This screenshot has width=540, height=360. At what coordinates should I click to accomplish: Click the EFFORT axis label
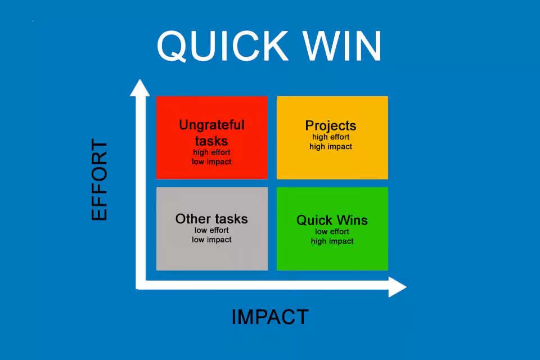click(99, 179)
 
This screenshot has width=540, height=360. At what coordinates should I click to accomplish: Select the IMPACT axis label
click(271, 317)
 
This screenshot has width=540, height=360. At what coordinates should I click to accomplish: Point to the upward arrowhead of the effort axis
click(140, 88)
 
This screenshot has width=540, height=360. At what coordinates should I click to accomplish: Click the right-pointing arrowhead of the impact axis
click(398, 287)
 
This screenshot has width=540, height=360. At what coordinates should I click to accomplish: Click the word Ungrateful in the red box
click(212, 125)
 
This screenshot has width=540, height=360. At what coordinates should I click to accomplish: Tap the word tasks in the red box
click(211, 141)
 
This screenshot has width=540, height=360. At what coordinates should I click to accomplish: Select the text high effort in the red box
click(211, 152)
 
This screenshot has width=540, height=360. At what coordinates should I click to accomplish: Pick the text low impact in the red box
click(211, 162)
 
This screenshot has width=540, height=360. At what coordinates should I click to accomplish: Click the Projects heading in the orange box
click(331, 126)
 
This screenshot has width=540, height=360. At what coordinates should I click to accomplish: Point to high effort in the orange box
click(331, 137)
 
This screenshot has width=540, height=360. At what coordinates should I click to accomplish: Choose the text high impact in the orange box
click(331, 147)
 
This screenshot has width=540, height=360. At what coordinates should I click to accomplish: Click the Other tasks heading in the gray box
click(211, 219)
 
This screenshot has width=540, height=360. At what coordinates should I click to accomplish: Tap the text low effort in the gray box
click(211, 230)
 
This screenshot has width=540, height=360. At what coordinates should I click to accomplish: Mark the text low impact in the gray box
click(211, 240)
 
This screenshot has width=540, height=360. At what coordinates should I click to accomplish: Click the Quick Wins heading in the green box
click(332, 220)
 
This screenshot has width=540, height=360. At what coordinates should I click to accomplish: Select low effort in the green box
click(332, 232)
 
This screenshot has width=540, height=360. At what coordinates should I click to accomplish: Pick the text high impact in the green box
click(332, 241)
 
